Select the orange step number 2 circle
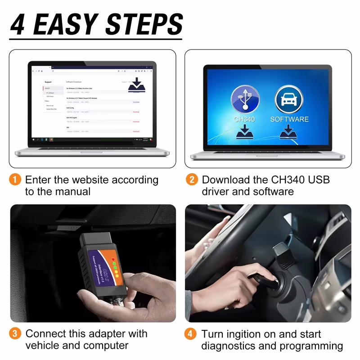pyautogui.click(x=192, y=180)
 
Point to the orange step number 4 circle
pyautogui.click(x=192, y=334)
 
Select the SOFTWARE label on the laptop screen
pyautogui.click(x=289, y=119)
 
